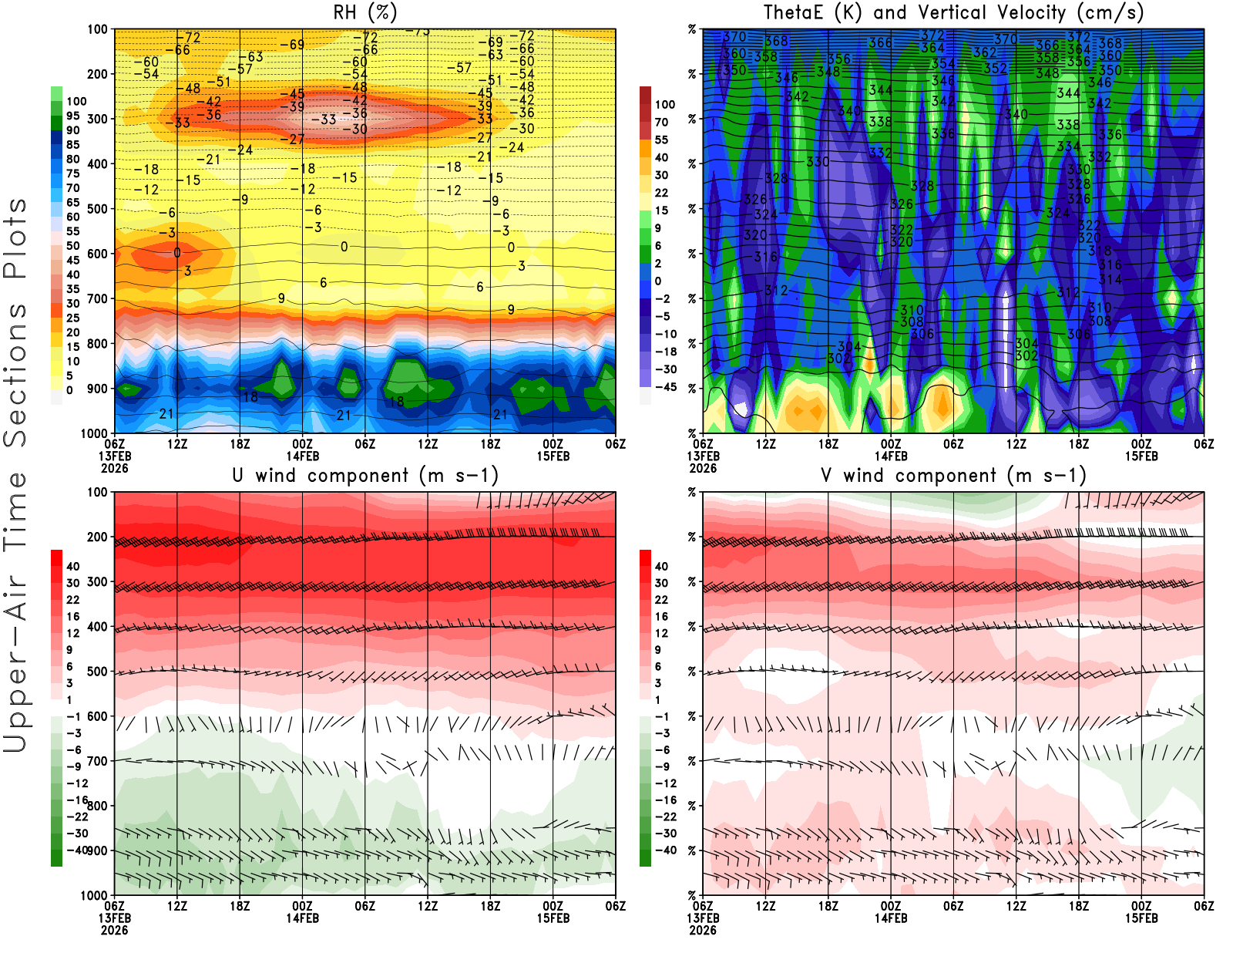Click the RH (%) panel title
click(365, 12)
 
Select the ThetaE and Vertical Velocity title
click(953, 12)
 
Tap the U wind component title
click(365, 475)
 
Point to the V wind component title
click(953, 475)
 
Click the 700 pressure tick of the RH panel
click(98, 298)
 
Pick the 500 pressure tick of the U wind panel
click(98, 672)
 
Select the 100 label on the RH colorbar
click(76, 102)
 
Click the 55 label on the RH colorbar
click(72, 231)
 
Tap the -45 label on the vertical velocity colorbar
click(665, 387)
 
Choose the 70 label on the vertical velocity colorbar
click(661, 122)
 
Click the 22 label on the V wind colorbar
click(661, 600)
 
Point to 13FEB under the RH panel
click(115, 456)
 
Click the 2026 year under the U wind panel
click(114, 930)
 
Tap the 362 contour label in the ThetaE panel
click(984, 52)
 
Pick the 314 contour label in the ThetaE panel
click(1110, 279)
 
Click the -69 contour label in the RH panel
click(291, 45)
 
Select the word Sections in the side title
click(15, 375)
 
